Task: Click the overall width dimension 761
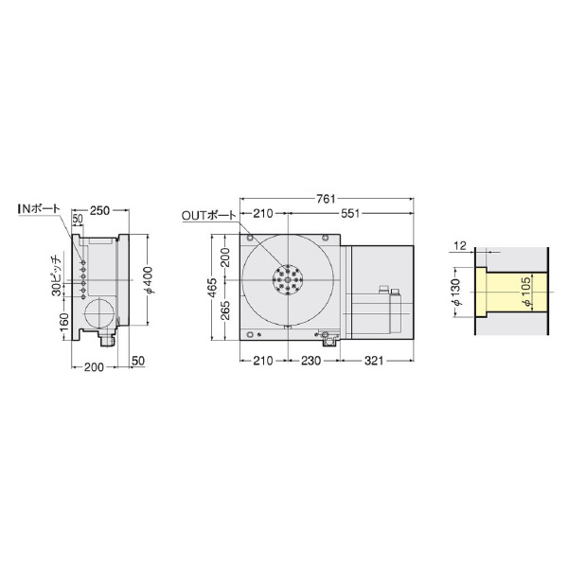tap(326, 199)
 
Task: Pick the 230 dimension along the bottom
tap(297, 361)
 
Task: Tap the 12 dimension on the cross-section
tap(459, 246)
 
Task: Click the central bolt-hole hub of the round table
tap(285, 281)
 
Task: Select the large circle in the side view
tap(99, 313)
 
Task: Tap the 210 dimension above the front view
tap(263, 214)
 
